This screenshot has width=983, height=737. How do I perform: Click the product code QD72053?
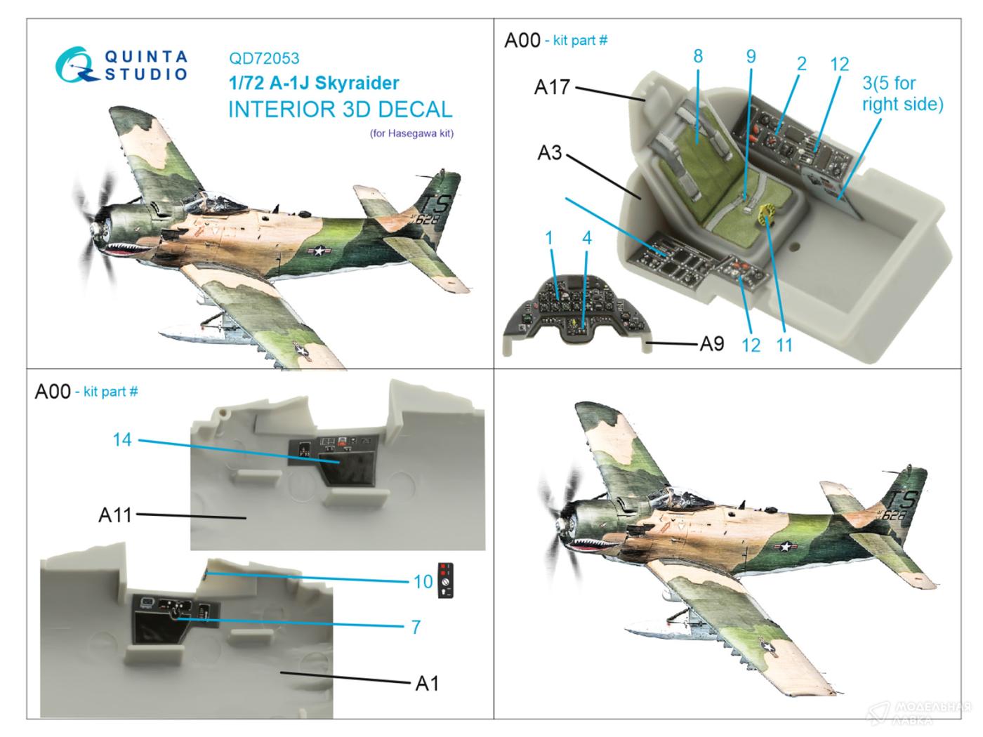tap(263, 59)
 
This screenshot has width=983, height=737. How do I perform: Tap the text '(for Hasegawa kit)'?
tap(411, 133)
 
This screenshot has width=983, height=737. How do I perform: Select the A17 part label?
tap(551, 88)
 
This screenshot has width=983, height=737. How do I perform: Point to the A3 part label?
tap(550, 152)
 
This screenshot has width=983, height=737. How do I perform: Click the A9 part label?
tap(711, 344)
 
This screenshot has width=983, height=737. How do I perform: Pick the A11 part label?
tap(115, 515)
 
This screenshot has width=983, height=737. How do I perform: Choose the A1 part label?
tap(427, 682)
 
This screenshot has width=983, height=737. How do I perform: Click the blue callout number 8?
tap(697, 56)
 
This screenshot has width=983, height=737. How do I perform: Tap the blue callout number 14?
tap(122, 440)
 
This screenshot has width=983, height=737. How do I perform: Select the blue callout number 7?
tap(416, 626)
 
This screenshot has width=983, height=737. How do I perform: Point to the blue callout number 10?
tap(423, 581)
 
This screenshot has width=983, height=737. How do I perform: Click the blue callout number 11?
tap(784, 345)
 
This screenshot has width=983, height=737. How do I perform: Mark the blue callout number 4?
tap(586, 238)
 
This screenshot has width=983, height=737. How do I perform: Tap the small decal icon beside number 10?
tap(445, 580)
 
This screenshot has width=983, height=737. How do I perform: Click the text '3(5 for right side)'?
tap(902, 93)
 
